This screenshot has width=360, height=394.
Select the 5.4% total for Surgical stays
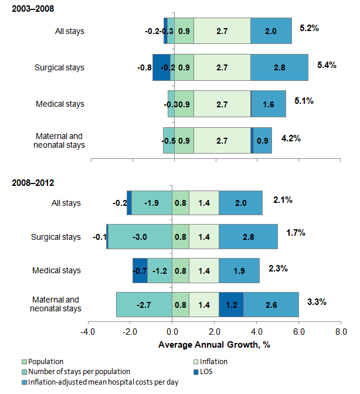tap(326, 65)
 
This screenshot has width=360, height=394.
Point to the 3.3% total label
tap(316, 302)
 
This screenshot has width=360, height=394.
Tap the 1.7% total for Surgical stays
tap(296, 233)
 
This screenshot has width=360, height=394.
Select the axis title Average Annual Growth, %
tap(214, 344)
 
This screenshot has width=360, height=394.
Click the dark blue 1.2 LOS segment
tap(231, 305)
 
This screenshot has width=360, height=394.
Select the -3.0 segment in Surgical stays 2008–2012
tap(140, 237)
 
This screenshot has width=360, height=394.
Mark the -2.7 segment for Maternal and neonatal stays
tap(144, 305)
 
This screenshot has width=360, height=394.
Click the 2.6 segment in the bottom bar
tap(271, 305)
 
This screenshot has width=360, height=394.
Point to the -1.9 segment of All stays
tap(151, 203)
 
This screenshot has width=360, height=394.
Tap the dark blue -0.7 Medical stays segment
tap(140, 271)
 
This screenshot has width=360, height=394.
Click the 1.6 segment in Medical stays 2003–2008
tap(269, 104)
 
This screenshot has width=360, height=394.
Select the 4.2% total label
tap(291, 139)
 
